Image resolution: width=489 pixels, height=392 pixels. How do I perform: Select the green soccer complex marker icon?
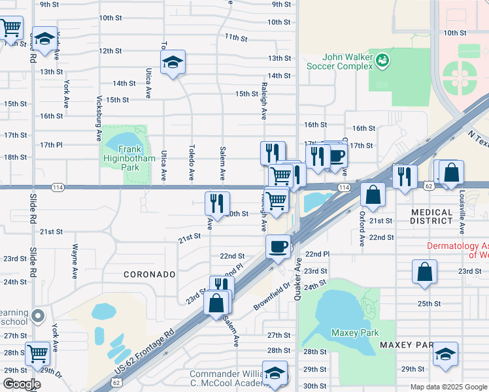tap(382, 61)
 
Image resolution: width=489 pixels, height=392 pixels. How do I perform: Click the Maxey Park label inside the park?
tap(356, 333)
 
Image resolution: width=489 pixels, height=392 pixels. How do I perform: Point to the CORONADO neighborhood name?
tap(150, 275)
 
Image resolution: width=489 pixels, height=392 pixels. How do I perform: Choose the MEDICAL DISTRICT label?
tap(432, 216)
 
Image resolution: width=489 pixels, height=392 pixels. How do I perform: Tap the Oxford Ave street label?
tap(362, 228)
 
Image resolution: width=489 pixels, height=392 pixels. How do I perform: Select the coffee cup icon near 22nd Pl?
tap(278, 246)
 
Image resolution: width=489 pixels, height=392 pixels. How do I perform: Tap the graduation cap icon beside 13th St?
tap(173, 62)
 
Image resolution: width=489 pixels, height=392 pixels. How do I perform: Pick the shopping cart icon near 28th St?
tap(37, 353)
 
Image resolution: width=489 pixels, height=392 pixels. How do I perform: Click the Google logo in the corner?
tap(22, 384)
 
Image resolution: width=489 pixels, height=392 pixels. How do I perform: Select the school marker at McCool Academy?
tap(275, 374)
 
